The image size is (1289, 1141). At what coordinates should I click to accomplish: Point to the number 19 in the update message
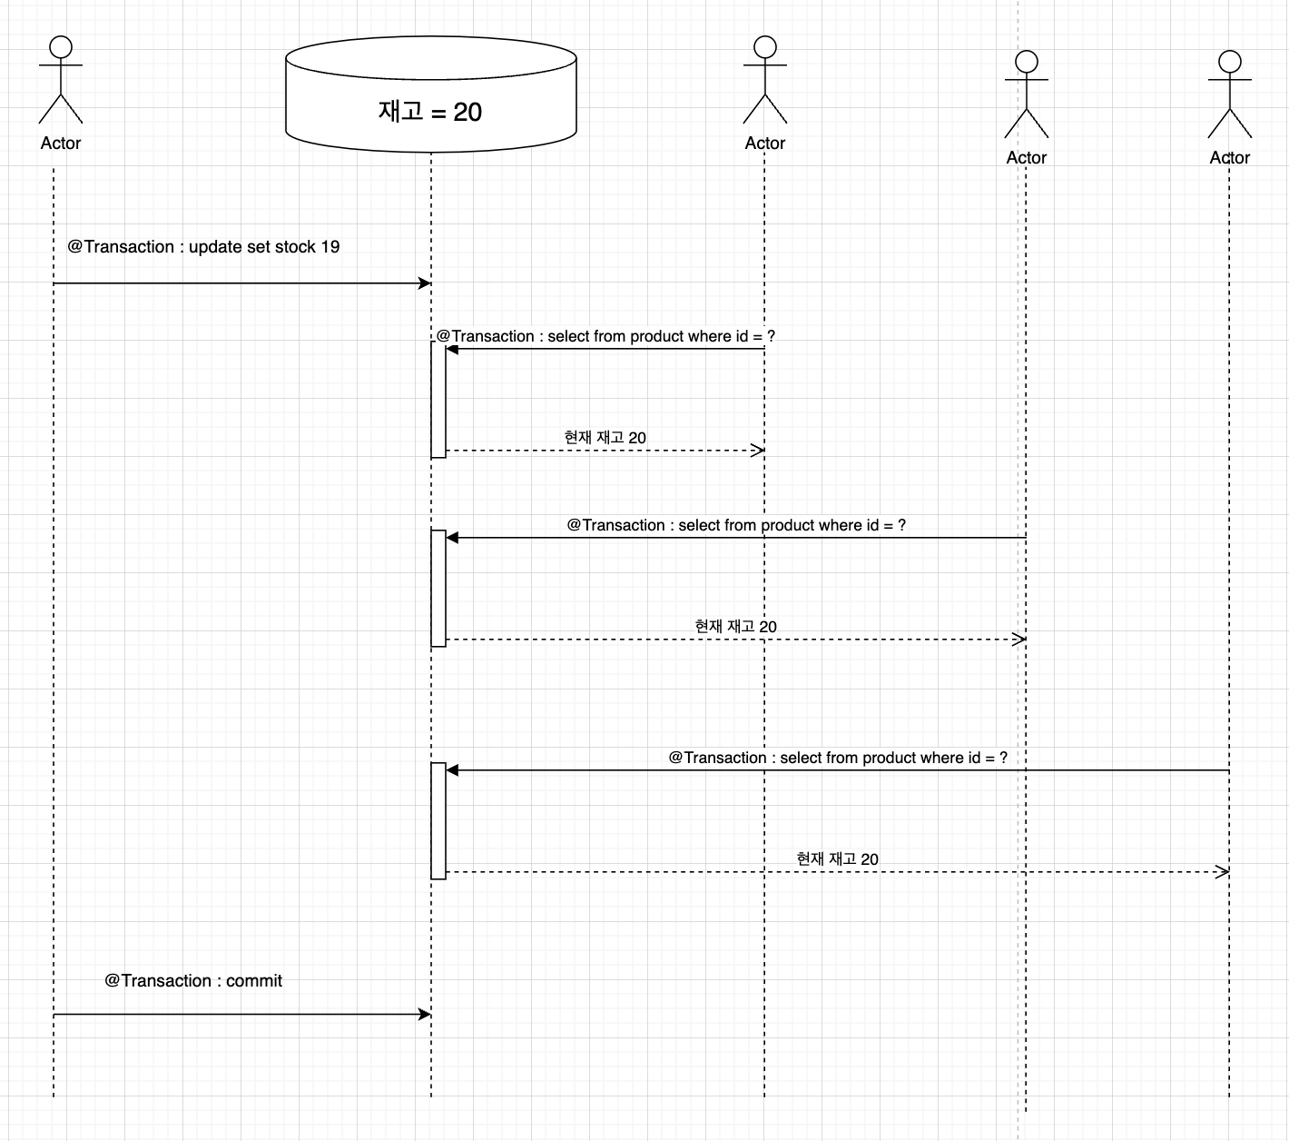[x=330, y=247]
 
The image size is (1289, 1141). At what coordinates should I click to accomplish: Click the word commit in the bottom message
[x=254, y=981]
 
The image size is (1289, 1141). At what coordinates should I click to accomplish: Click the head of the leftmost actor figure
[x=61, y=47]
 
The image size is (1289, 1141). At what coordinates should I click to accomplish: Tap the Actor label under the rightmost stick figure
[x=1229, y=158]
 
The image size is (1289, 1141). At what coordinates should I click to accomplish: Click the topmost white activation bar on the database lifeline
[x=438, y=400]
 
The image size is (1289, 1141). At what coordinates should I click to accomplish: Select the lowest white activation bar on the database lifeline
[x=438, y=821]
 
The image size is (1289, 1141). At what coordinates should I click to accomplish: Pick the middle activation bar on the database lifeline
[x=438, y=588]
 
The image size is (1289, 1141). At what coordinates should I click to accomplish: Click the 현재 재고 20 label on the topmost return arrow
[x=605, y=438]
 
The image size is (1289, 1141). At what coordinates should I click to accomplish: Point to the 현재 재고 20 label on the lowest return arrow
[x=837, y=859]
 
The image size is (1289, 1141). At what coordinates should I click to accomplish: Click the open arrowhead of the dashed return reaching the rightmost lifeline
[x=1223, y=872]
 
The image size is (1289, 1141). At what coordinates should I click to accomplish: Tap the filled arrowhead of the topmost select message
[x=452, y=350]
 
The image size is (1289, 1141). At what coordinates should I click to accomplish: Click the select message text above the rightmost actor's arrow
[x=838, y=758]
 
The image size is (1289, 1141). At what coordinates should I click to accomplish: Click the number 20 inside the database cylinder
[x=467, y=112]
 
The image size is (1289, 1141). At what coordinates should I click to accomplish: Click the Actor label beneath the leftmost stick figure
[x=61, y=144]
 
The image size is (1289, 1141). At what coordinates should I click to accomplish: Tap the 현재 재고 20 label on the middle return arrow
[x=735, y=627]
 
